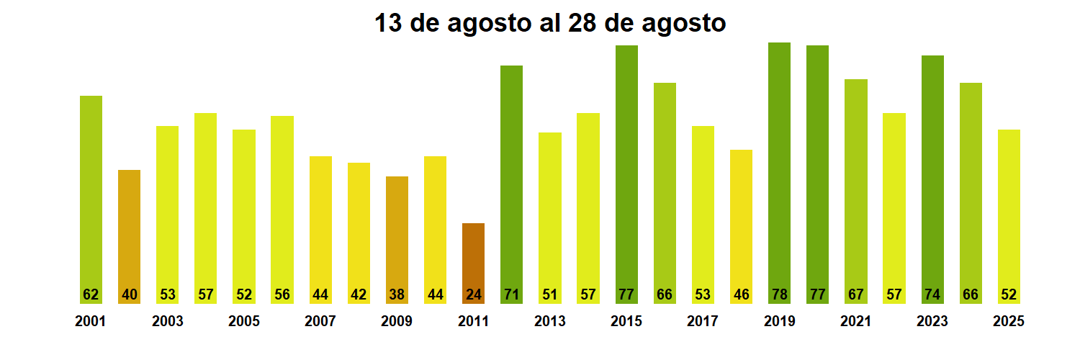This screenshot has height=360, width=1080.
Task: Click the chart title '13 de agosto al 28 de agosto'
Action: point(550,24)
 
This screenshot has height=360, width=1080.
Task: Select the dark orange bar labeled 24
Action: point(473,259)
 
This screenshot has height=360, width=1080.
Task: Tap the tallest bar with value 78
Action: point(779,173)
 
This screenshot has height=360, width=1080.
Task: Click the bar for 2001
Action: point(91,194)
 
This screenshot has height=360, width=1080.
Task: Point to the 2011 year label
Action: point(473,322)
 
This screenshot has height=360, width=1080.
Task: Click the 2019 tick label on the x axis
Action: point(779,322)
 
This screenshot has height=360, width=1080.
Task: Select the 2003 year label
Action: point(167,322)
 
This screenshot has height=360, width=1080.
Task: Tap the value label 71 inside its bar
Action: point(511,294)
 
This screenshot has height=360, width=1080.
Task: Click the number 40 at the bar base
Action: point(129,294)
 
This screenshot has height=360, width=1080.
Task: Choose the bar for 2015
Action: point(626,173)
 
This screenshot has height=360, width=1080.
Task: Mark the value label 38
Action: point(397,294)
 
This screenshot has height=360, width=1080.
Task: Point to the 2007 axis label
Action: point(320,322)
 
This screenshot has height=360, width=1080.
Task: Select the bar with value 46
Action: point(741,223)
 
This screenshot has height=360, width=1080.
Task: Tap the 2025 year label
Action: point(1009,322)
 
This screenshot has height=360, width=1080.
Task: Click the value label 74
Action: point(932,294)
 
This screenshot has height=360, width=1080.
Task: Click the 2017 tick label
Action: point(703,322)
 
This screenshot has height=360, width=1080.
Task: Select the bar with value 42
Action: point(359,230)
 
